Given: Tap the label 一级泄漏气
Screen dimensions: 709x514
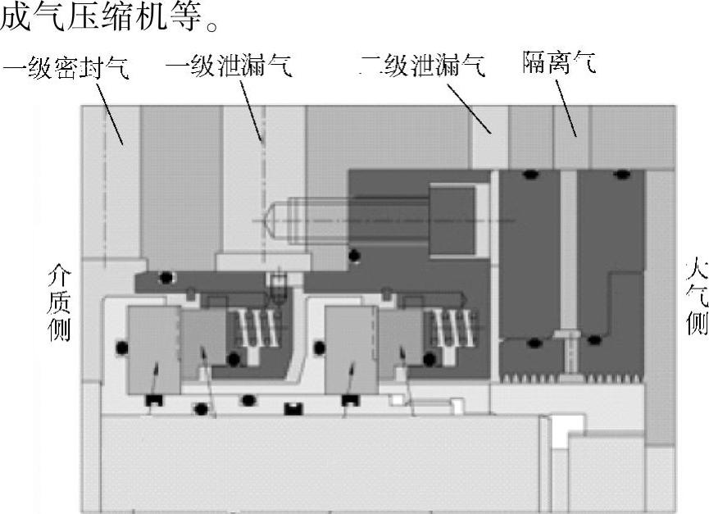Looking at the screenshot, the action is point(228,66).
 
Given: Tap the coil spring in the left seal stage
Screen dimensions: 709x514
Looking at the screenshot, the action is point(249,331).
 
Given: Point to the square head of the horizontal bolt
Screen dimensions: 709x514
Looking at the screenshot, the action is point(452,221).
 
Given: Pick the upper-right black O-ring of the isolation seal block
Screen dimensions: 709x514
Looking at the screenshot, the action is point(623,174).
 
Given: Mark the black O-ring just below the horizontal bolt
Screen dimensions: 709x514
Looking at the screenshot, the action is point(353,257).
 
